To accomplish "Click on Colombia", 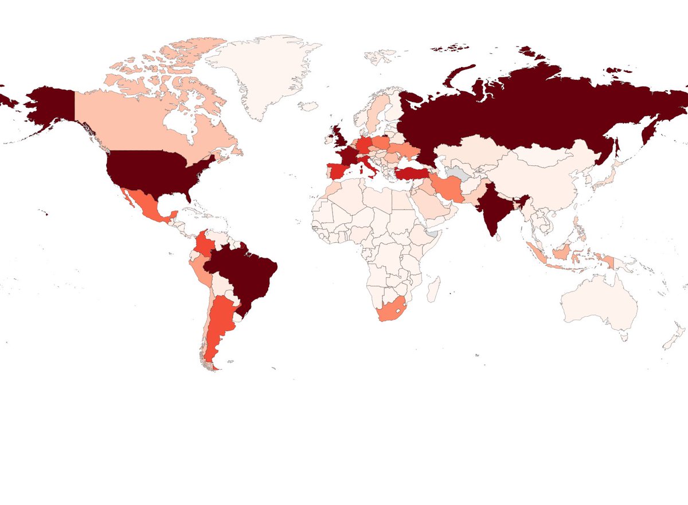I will [204, 244].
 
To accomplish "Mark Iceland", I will [310, 106].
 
